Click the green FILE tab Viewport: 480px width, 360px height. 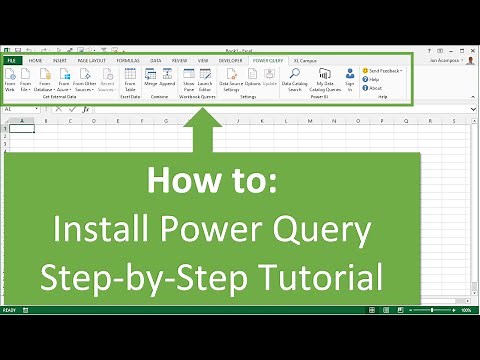(11, 60)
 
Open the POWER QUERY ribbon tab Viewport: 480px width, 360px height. (267, 60)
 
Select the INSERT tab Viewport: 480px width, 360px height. (61, 60)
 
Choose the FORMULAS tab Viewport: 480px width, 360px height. (128, 60)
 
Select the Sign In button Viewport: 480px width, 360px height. (350, 78)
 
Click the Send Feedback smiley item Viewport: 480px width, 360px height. (384, 71)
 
